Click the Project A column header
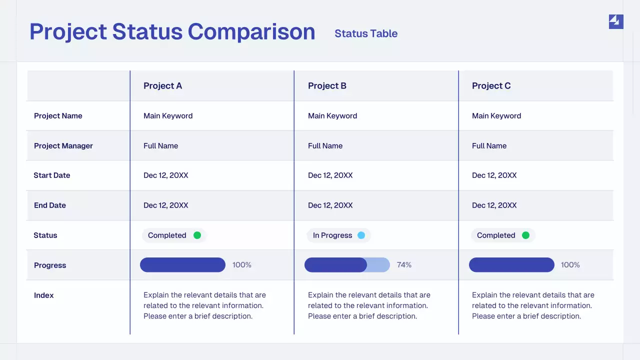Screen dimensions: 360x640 (x=162, y=86)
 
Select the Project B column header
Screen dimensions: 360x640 (x=327, y=86)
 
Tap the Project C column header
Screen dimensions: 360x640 (x=491, y=86)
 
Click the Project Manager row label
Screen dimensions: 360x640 (x=63, y=146)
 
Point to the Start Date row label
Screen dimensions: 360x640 (x=52, y=175)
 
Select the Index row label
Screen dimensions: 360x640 (x=44, y=295)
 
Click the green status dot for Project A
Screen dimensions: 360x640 (x=197, y=235)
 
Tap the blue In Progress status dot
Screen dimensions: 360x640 (x=361, y=235)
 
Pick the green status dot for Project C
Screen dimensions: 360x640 (x=525, y=235)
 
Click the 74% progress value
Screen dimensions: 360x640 (x=404, y=265)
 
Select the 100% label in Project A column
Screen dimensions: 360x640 (x=242, y=265)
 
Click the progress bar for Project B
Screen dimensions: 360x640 (x=347, y=265)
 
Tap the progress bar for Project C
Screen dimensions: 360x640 (x=511, y=265)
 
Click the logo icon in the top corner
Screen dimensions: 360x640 (x=616, y=21)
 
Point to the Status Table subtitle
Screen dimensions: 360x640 (x=366, y=33)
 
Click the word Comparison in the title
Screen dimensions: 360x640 (x=251, y=31)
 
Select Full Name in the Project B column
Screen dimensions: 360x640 (x=325, y=146)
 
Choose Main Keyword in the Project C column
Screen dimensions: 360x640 (x=496, y=116)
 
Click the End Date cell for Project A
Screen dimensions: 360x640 (x=166, y=205)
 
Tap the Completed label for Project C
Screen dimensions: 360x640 (x=496, y=235)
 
